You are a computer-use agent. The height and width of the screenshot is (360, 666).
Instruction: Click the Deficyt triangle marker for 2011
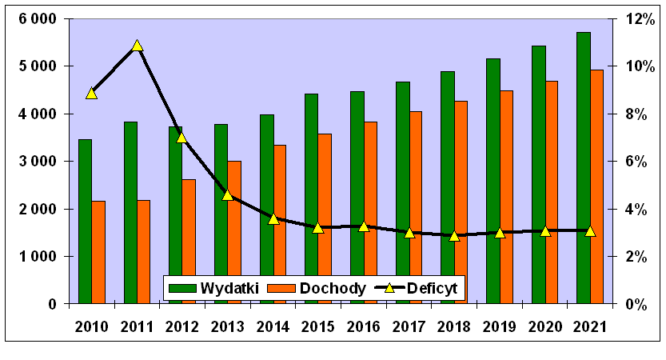pyautogui.click(x=137, y=46)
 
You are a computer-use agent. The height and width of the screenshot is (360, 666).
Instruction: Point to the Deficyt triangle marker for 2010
pyautogui.click(x=91, y=93)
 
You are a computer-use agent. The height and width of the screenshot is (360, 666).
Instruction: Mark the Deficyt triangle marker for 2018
pyautogui.click(x=454, y=235)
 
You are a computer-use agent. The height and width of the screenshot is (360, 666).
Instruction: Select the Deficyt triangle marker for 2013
pyautogui.click(x=227, y=194)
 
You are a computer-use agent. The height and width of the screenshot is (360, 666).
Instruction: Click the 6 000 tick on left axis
pyautogui.click(x=37, y=19)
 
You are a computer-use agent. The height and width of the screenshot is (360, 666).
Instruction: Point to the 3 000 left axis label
pyautogui.click(x=37, y=162)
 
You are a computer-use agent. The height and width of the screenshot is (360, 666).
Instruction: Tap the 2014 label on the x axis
pyautogui.click(x=273, y=326)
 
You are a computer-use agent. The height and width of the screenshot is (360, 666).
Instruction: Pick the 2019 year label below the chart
pyautogui.click(x=500, y=326)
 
